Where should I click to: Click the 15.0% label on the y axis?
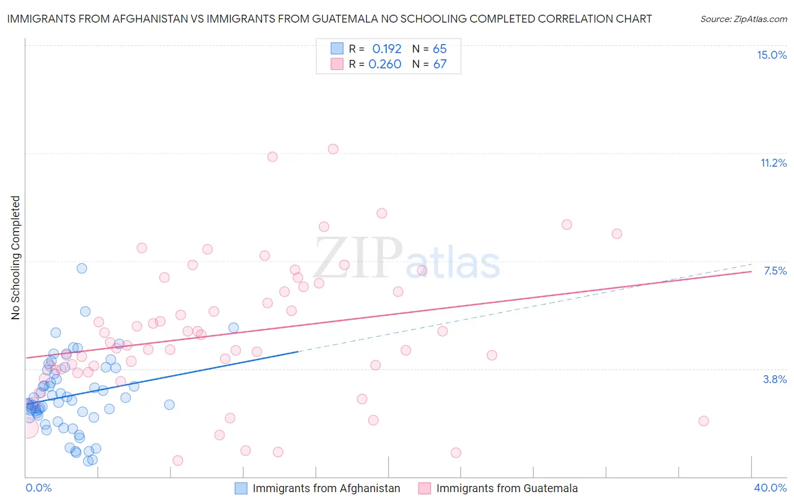(771, 55)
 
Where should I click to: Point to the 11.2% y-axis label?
(773, 163)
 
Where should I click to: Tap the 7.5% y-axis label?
(775, 271)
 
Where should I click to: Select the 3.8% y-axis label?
(775, 379)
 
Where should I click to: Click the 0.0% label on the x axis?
(38, 488)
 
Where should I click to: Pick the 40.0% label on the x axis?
(770, 488)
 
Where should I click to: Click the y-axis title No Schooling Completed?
(16, 258)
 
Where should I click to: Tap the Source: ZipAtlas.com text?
(743, 19)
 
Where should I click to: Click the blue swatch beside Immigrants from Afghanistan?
(241, 488)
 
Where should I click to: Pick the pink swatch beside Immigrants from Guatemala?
(425, 488)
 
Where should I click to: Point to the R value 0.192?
(386, 49)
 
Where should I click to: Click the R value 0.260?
(385, 64)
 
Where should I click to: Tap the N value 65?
(439, 49)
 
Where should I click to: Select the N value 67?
(439, 64)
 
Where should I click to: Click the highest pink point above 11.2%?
(333, 149)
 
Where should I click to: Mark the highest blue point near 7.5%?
(82, 268)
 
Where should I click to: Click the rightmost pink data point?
(704, 421)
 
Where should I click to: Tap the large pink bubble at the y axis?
(28, 428)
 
